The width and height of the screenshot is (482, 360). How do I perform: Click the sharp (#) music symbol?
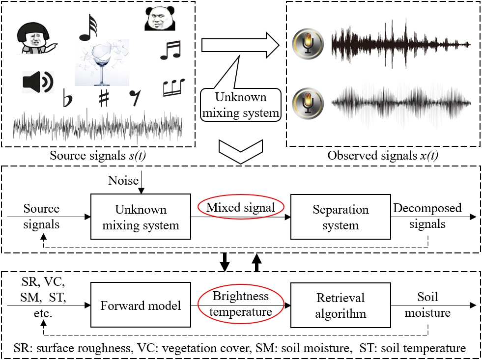[104, 98]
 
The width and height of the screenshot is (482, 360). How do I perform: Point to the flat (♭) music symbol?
[67, 98]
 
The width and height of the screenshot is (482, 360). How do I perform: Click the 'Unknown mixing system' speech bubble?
[241, 105]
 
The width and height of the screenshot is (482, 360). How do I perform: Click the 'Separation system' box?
[340, 217]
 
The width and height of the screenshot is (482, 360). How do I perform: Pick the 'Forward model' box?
[141, 306]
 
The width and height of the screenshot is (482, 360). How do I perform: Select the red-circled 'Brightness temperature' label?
[241, 304]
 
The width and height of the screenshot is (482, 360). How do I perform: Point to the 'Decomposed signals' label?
[427, 216]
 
